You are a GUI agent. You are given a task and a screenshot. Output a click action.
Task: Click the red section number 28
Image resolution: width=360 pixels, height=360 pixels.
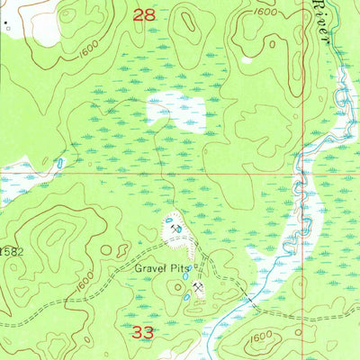click(144, 14)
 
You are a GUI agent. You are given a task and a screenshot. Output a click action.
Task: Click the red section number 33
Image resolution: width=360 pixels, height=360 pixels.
click(143, 332)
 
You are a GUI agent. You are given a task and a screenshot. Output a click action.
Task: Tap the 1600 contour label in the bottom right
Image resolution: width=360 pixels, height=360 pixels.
click(263, 337)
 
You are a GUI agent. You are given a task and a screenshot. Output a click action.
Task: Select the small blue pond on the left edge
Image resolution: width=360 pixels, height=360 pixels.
click(59, 165)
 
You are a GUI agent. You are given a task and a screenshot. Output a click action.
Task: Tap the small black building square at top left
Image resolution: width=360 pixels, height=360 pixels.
click(6, 28)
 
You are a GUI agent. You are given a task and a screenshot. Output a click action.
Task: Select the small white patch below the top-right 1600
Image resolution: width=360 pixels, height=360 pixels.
click(246, 60)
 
